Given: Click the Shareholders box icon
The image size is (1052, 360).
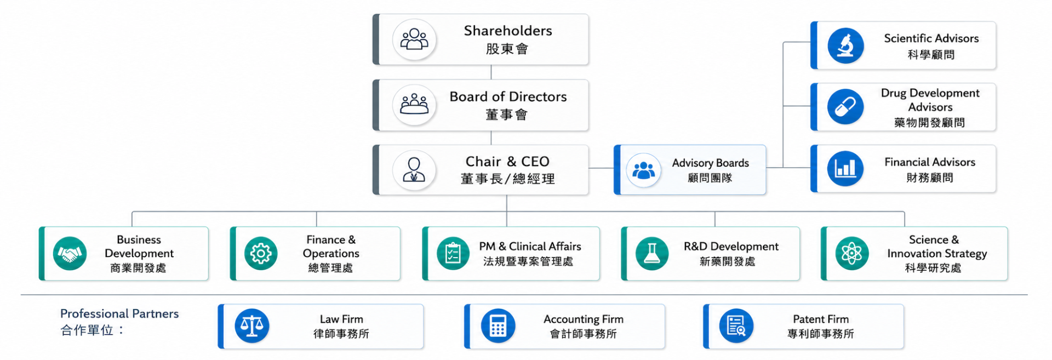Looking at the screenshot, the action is (414, 39).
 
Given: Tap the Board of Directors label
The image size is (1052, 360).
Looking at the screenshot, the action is (508, 97).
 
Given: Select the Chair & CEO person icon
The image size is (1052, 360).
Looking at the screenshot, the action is (414, 170).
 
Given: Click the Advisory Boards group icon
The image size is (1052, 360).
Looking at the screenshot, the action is (643, 170).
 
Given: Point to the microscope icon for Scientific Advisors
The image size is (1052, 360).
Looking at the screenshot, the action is (845, 45).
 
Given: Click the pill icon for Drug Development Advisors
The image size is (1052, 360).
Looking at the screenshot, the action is (845, 107).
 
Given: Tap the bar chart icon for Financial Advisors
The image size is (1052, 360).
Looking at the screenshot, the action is (845, 169).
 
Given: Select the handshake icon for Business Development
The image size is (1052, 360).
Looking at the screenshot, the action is (70, 254).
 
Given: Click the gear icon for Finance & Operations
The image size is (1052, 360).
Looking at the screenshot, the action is (261, 254).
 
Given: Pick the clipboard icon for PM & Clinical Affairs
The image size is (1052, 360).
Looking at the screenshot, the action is (453, 254).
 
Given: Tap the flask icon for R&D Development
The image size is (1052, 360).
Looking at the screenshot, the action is (652, 254).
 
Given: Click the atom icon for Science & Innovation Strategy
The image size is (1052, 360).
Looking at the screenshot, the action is (851, 254).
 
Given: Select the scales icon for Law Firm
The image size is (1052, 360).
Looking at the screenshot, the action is (252, 326).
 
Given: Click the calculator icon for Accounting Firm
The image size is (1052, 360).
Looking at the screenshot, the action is (498, 326).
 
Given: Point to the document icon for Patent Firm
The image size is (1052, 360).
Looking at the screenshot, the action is (736, 326).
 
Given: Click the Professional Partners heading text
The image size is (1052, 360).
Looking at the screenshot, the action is (119, 313).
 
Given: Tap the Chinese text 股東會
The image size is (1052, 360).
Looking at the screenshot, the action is (507, 49).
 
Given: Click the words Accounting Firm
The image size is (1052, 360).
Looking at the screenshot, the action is (584, 319).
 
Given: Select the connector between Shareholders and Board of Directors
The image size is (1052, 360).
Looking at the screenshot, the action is (491, 72).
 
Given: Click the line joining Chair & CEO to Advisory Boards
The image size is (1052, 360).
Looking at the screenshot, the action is (602, 168).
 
